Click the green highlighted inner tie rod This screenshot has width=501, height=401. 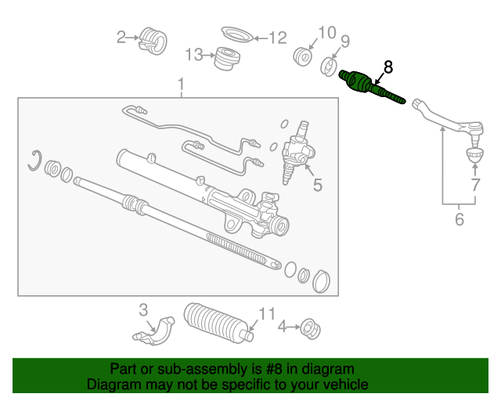(x=370, y=86)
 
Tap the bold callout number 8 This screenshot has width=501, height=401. (x=388, y=67)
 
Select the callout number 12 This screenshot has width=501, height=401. (x=278, y=38)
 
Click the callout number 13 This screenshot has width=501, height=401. (x=194, y=55)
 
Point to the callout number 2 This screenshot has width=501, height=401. (x=121, y=37)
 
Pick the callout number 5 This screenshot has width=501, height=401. (x=318, y=185)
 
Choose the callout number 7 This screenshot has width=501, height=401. (x=475, y=185)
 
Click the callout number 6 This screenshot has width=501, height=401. (x=460, y=219)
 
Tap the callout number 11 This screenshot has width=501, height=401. (x=266, y=314)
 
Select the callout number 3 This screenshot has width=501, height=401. (x=143, y=310)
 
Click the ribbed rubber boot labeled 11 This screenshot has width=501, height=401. (x=218, y=323)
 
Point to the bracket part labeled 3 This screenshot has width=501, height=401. (x=154, y=331)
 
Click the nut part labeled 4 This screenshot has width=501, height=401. (x=310, y=328)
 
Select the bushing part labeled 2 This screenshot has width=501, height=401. (x=153, y=41)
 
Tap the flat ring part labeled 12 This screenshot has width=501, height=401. (x=237, y=34)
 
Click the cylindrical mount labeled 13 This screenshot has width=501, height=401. (x=227, y=58)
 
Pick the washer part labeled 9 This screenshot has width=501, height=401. (x=329, y=67)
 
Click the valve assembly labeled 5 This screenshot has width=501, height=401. (x=297, y=153)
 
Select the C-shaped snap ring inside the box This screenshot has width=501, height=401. (x=34, y=161)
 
